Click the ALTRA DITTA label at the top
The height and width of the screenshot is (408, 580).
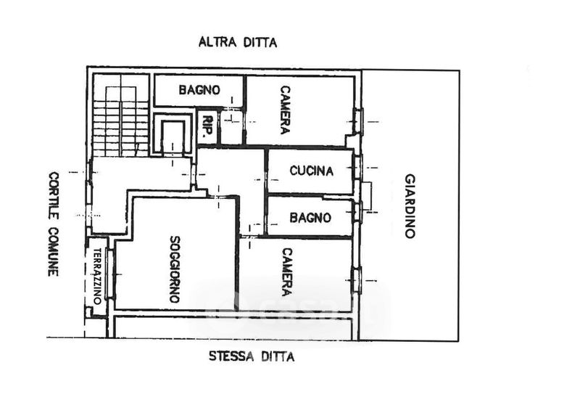tap(238, 42)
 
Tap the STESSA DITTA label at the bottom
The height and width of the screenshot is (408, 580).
tap(252, 356)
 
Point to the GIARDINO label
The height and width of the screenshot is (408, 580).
tap(410, 205)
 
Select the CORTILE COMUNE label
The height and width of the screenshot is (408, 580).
tap(54, 223)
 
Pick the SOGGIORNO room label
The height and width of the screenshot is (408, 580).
tap(174, 269)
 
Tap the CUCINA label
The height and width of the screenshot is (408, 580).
tap(311, 171)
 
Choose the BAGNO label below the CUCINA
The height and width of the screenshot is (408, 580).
tap(310, 217)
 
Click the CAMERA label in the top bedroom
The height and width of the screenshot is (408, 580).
tap(286, 110)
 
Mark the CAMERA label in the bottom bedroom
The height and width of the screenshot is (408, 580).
tap(286, 272)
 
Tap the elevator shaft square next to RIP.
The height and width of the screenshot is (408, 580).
tap(173, 136)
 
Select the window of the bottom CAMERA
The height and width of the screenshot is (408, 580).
tap(356, 280)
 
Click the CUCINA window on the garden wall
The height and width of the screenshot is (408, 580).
tap(357, 166)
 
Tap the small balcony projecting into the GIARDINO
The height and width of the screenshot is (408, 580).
tap(367, 195)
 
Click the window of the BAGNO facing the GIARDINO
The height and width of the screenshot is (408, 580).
tap(357, 211)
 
